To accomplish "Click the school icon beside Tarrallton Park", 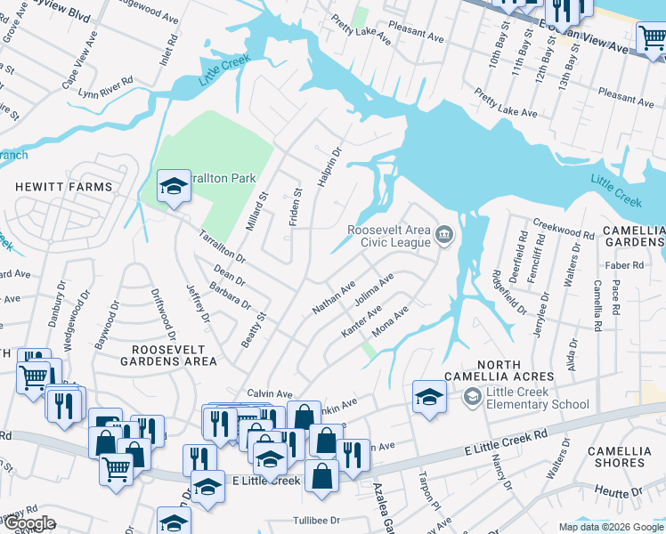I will tap(174, 186).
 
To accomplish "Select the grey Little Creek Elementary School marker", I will tap(471, 395).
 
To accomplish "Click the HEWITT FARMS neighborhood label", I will tap(63, 187).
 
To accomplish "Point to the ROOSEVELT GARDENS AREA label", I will tap(168, 355).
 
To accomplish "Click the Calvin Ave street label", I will tap(270, 393).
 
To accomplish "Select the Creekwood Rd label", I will tap(563, 230).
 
